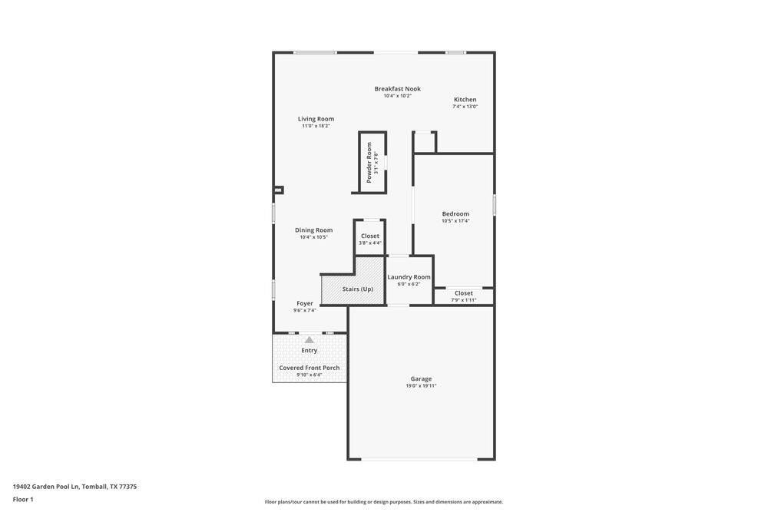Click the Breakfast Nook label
(x=397, y=89)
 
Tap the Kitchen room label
(x=465, y=100)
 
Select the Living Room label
(x=316, y=119)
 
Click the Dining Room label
(x=313, y=230)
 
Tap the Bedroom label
(x=455, y=214)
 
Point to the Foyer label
(x=305, y=303)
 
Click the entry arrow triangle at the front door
(x=309, y=339)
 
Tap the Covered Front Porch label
(x=309, y=368)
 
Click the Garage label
(x=421, y=378)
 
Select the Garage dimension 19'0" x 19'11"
(x=421, y=386)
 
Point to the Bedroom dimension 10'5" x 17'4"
(x=455, y=221)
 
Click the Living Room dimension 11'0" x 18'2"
(x=316, y=126)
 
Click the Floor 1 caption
(x=23, y=499)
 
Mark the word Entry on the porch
(x=309, y=351)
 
